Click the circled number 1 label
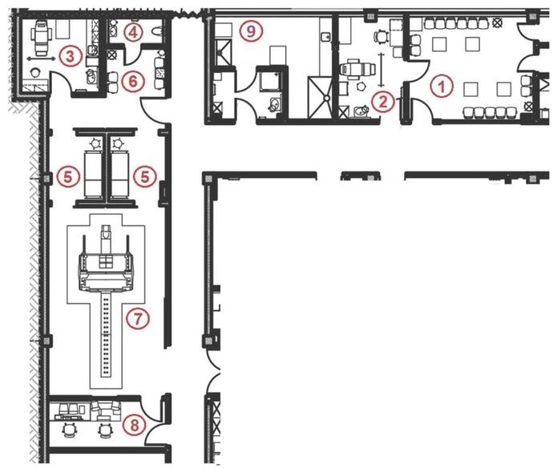click(442, 87)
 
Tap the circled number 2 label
click(383, 102)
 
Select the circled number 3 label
click(71, 56)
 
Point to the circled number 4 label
click(133, 32)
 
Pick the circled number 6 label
click(132, 81)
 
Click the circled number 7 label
click(138, 317)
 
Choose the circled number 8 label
click(135, 425)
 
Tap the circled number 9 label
click(251, 31)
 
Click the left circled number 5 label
click(68, 176)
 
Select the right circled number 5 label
click(145, 176)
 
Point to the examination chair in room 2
click(357, 69)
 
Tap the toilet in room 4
click(157, 31)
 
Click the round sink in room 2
click(361, 112)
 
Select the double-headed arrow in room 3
click(41, 59)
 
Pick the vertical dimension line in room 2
click(381, 70)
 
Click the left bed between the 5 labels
click(94, 174)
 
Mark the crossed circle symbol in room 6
click(112, 55)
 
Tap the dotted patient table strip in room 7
click(106, 334)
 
